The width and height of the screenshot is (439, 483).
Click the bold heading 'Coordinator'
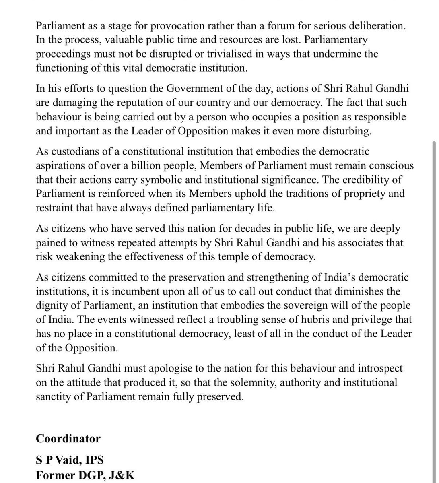[x=68, y=438]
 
